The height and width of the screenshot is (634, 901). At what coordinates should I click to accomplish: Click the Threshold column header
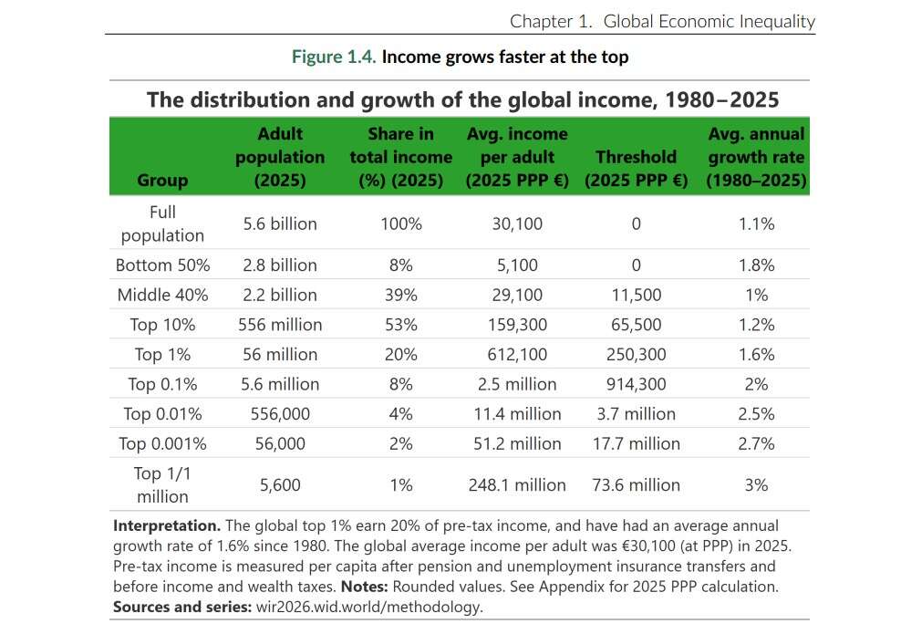[x=636, y=169]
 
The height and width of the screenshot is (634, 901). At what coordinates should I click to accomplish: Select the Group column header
[x=162, y=181]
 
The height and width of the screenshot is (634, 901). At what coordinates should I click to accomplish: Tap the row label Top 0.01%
[x=162, y=413]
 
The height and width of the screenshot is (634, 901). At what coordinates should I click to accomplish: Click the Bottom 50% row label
[x=162, y=265]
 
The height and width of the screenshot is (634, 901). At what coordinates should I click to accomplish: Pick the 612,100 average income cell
[x=516, y=354]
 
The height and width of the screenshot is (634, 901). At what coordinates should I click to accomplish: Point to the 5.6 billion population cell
[x=280, y=223]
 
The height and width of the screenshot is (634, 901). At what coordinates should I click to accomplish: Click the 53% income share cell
[x=400, y=324]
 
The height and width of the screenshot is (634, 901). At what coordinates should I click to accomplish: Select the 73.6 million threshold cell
[x=636, y=484]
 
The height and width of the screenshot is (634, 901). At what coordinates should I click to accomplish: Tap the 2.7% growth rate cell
[x=756, y=443]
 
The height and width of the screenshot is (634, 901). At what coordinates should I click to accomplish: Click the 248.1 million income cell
[x=516, y=484]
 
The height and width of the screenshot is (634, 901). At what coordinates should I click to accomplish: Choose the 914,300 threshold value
[x=636, y=383]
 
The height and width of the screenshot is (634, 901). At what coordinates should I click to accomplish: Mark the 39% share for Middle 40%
[x=400, y=295]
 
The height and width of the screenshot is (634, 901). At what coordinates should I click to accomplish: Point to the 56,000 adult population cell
[x=280, y=443]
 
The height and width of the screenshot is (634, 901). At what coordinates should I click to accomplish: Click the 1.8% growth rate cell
[x=756, y=265]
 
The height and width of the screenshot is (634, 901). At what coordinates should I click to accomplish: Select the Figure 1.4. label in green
[x=334, y=57]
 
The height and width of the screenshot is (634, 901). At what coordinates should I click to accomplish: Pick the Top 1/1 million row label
[x=162, y=484]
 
